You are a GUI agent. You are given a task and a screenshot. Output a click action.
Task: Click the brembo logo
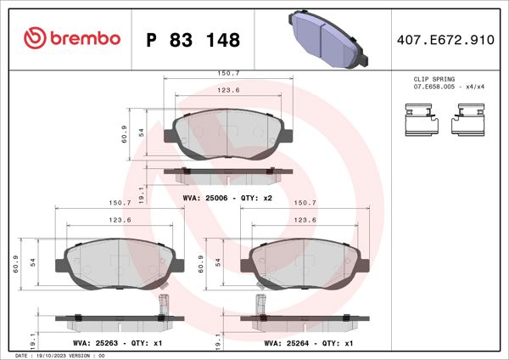tap(72, 38)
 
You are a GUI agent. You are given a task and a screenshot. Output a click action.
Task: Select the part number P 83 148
tap(193, 40)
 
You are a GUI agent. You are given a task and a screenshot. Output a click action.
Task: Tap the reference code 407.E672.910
tap(445, 39)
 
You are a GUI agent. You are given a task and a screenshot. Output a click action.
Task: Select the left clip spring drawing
tap(420, 120)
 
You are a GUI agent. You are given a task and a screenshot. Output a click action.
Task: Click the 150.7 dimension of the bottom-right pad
tap(305, 203)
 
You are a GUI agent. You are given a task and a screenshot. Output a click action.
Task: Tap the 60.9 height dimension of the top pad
tap(125, 133)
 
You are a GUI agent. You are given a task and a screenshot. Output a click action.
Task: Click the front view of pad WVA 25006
tap(229, 134)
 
